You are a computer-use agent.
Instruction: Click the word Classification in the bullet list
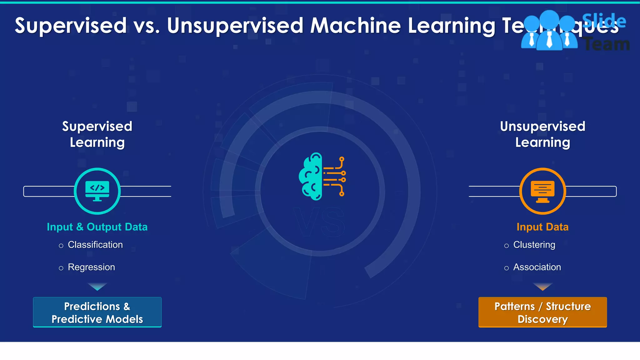[95, 245]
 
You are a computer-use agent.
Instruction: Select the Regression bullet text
[91, 267]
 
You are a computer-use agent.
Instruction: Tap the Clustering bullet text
[534, 245]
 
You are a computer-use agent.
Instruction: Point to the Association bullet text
[537, 267]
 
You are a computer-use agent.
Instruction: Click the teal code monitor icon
[97, 191]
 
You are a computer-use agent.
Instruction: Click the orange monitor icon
[542, 191]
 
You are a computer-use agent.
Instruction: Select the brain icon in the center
[322, 177]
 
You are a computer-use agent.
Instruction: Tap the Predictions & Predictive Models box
[97, 312]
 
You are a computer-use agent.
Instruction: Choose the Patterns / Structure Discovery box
[542, 312]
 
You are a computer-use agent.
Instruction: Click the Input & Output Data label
[97, 227]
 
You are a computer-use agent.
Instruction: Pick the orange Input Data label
[542, 227]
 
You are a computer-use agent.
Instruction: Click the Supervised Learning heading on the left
[97, 134]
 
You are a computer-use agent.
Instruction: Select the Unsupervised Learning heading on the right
[542, 134]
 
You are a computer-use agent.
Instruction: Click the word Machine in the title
[355, 26]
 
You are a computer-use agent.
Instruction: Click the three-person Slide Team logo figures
[549, 31]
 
